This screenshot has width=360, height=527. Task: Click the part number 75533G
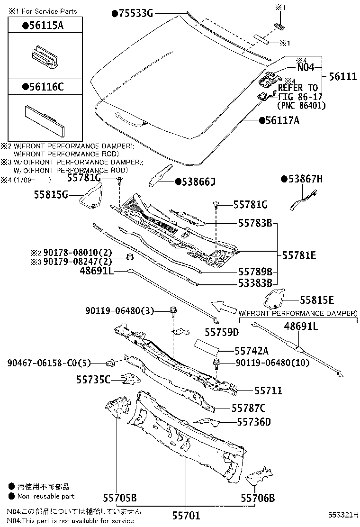point(135,14)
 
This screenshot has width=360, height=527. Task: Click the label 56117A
point(282,121)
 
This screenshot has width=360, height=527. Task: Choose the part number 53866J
point(198,181)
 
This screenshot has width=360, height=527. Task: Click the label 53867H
point(305,179)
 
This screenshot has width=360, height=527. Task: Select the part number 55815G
point(51,194)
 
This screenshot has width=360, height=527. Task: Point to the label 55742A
point(252,351)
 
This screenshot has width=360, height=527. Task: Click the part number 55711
point(268,391)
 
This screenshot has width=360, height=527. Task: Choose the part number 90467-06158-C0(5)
point(49,363)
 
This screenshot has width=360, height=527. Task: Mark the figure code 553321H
point(344,515)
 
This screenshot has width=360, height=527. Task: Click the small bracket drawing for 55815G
point(91,196)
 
